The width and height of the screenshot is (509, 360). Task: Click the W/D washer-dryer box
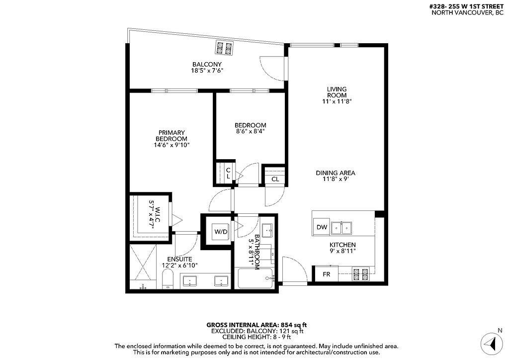click(220, 231)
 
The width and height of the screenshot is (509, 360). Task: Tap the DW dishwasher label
click(322, 227)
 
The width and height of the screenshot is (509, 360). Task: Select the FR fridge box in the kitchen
click(327, 274)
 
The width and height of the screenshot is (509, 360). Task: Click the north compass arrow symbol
click(491, 343)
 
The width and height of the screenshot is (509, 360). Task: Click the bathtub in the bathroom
click(255, 278)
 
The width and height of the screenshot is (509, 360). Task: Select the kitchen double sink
click(343, 228)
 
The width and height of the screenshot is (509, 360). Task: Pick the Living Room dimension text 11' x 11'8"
click(337, 101)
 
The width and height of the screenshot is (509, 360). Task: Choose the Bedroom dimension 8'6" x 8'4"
click(251, 132)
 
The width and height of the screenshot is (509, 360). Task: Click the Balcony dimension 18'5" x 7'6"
click(207, 71)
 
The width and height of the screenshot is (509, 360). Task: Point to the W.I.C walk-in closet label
click(155, 218)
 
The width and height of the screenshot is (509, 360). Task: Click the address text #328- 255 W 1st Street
click(467, 6)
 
